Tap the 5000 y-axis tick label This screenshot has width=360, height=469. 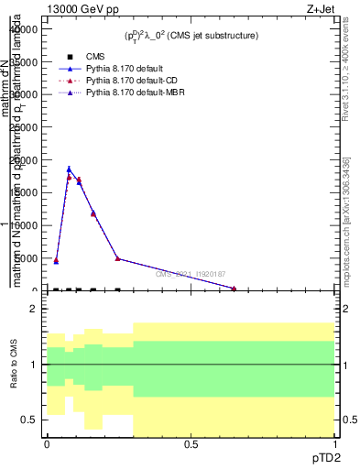(x=26, y=258)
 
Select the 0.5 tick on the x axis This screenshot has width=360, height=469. (x=191, y=444)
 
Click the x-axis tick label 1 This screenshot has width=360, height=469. (x=334, y=444)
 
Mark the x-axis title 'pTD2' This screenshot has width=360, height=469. (x=326, y=458)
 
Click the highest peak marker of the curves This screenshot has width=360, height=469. (x=69, y=169)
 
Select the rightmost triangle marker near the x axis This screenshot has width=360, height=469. (x=234, y=289)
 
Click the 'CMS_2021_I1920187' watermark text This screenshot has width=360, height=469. (x=191, y=274)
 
